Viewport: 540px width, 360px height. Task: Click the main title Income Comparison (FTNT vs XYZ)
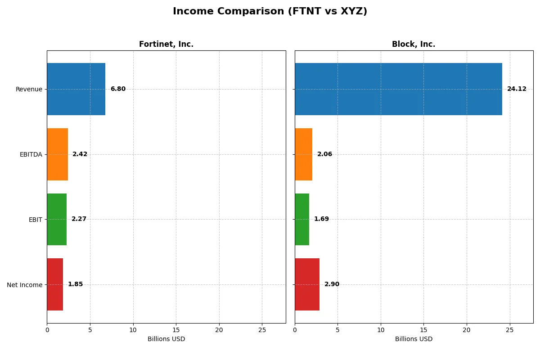point(270,12)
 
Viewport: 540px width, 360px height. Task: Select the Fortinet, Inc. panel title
point(166,45)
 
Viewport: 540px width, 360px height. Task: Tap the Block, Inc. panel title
point(414,45)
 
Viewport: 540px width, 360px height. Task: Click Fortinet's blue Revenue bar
point(76,89)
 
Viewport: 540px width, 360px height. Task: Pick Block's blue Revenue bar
point(398,89)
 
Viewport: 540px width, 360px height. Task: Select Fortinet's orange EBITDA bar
point(58,154)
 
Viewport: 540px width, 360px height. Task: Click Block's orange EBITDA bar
point(304,154)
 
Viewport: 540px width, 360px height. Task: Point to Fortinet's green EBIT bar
point(57,220)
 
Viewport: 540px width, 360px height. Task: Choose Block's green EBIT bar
point(302,220)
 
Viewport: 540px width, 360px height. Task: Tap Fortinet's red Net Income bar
point(55,284)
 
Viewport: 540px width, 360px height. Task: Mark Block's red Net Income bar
point(307,284)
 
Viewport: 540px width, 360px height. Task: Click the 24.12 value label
point(517,89)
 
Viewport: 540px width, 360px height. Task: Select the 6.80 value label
point(118,89)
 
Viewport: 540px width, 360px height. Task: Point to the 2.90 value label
point(332,284)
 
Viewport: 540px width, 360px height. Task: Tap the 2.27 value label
point(79,219)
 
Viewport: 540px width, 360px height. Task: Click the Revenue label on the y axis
point(29,89)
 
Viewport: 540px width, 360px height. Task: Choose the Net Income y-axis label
point(25,285)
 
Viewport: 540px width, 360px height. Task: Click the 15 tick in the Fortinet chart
point(176,330)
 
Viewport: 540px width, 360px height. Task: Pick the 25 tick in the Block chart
point(509,330)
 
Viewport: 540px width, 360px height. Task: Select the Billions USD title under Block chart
point(414,339)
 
